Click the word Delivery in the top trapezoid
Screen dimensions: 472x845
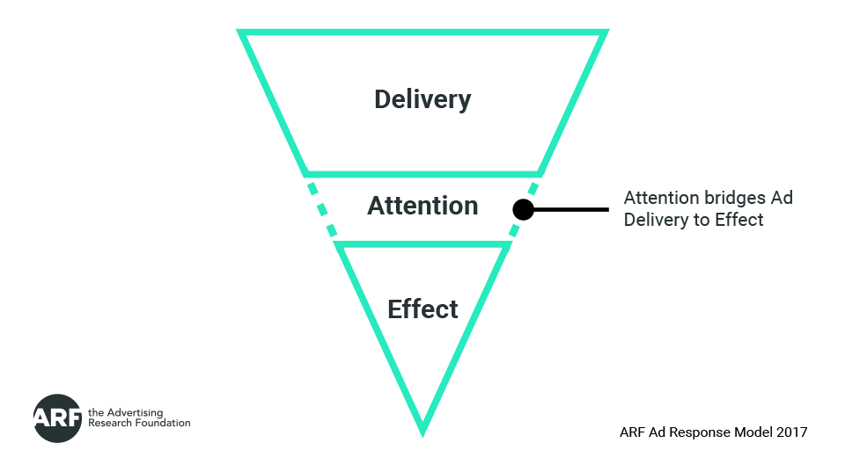(x=422, y=98)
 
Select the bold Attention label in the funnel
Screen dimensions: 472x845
(x=422, y=206)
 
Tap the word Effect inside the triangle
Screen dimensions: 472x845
(x=422, y=309)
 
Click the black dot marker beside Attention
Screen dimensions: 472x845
(x=523, y=209)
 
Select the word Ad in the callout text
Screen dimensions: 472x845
(x=782, y=198)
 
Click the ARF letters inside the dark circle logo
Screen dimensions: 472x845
(x=58, y=418)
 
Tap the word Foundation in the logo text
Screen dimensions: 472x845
(x=161, y=423)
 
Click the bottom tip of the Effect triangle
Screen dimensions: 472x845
(x=422, y=430)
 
